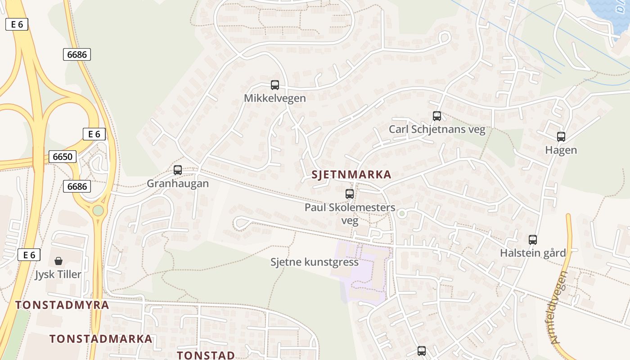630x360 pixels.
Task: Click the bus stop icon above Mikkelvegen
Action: (275, 85)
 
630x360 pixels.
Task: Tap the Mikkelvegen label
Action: (275, 98)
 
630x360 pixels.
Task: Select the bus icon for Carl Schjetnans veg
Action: (437, 116)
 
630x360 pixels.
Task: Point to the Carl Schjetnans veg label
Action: (437, 130)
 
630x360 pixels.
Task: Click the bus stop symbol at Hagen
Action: (561, 137)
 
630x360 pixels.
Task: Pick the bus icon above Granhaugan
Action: (178, 170)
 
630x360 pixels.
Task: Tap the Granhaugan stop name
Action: (178, 184)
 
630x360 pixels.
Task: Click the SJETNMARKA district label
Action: (351, 175)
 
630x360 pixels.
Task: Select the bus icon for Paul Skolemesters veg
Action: (350, 194)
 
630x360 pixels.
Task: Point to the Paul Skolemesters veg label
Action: (350, 214)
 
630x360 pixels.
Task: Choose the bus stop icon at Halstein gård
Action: (533, 240)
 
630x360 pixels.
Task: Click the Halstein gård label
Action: (533, 253)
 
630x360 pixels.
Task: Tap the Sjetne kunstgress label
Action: (315, 262)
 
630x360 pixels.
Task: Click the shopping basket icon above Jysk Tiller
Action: (58, 261)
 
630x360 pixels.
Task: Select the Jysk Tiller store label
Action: (58, 274)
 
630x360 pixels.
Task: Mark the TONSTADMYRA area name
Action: (62, 305)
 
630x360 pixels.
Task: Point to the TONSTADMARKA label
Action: (101, 339)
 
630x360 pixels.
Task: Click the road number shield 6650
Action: (63, 157)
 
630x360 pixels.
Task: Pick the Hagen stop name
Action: (561, 150)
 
